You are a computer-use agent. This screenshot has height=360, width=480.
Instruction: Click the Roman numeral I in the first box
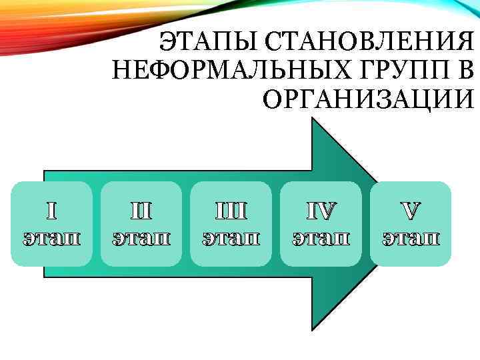(52, 211)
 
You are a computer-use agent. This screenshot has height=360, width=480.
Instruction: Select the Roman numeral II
(141, 211)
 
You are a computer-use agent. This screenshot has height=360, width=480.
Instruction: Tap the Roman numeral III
(231, 211)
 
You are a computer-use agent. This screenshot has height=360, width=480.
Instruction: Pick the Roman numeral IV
(321, 211)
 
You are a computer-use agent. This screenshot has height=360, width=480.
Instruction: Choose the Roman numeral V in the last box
(411, 211)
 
